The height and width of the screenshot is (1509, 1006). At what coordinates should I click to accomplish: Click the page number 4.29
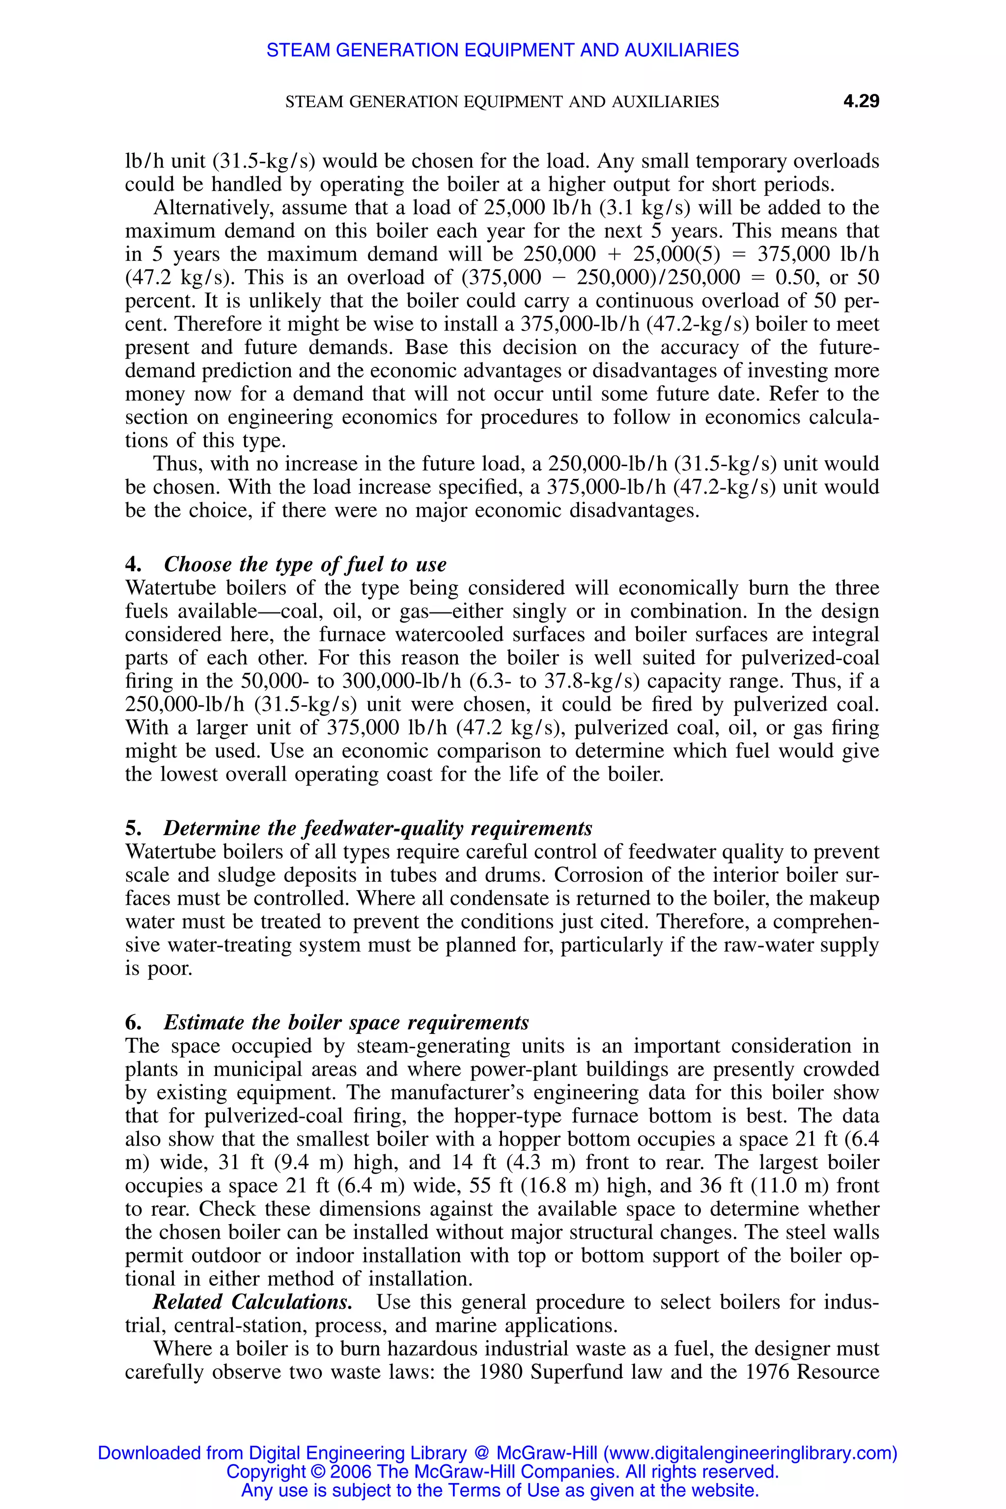861,101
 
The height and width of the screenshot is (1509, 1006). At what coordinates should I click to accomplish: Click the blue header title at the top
503,50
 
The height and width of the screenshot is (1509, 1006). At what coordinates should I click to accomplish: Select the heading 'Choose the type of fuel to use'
305,564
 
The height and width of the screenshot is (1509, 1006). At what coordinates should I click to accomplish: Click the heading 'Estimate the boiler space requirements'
346,1022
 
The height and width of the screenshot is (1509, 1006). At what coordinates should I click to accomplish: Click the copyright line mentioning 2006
503,1471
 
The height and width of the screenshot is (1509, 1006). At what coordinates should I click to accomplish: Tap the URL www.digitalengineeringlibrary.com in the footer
750,1453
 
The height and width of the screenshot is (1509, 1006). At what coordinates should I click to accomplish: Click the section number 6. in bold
134,1023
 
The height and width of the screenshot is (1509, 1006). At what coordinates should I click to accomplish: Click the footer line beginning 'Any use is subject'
500,1490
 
